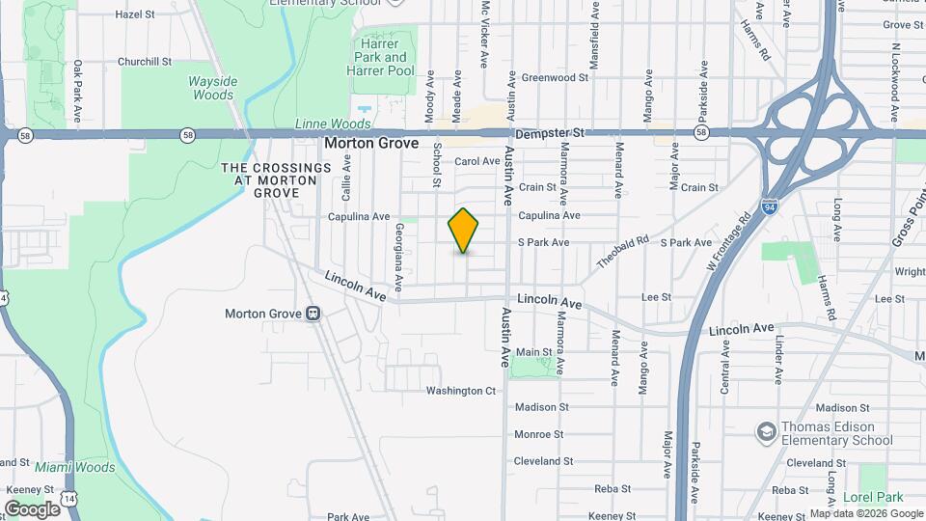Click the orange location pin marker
tap(463, 230)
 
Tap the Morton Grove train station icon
tap(313, 314)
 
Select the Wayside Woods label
tap(211, 88)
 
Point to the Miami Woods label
tap(75, 468)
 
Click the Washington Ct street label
tap(461, 391)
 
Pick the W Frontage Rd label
tap(728, 240)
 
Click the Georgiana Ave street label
tap(397, 253)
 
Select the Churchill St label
tap(144, 61)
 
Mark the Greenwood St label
tap(555, 77)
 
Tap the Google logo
tap(33, 508)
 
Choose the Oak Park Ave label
tap(77, 92)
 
